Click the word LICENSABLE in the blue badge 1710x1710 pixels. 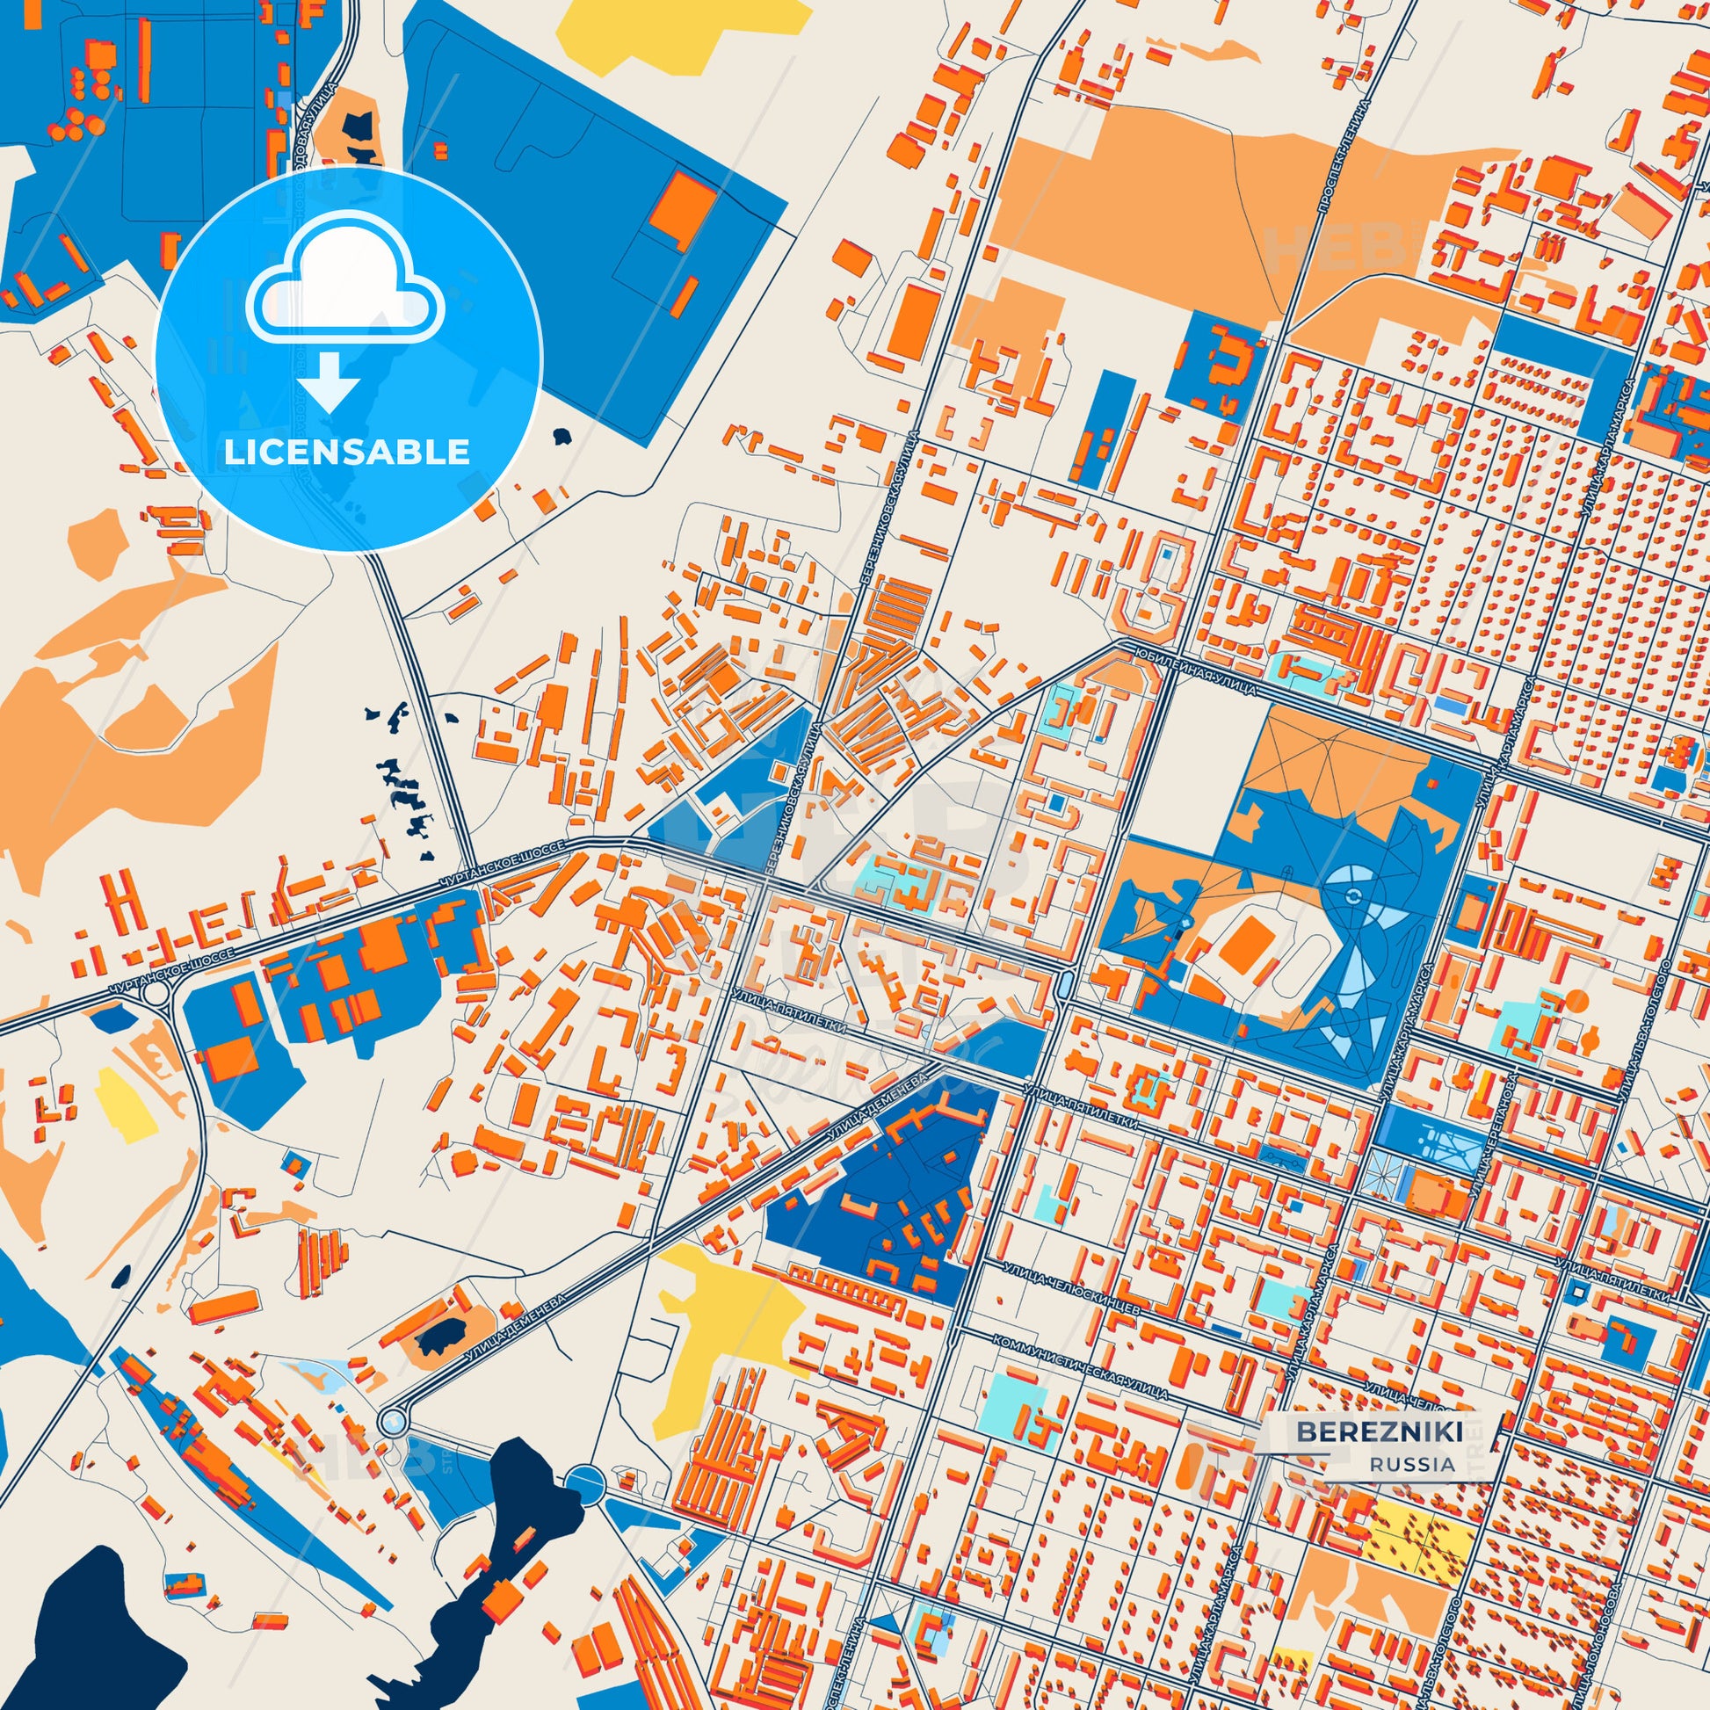[x=346, y=453]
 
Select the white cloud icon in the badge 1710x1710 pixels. [x=346, y=281]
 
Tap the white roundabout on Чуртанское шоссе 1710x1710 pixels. [x=156, y=992]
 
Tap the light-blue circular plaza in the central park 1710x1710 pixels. [x=1351, y=895]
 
